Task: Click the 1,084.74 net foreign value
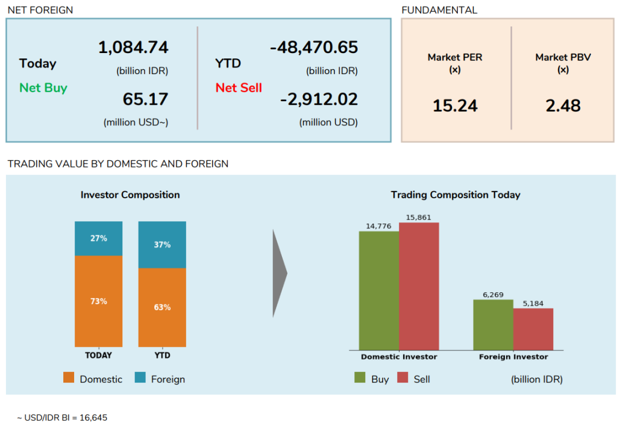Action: (x=133, y=48)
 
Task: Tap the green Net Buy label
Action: (x=43, y=88)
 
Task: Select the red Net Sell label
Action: (x=239, y=88)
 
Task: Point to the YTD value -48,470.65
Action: (x=313, y=48)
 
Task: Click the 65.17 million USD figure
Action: (x=145, y=99)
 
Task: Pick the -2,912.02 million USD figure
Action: (x=319, y=99)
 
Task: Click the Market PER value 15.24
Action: (x=455, y=106)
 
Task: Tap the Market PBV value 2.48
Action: (x=563, y=106)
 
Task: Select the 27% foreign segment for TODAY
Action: (x=98, y=239)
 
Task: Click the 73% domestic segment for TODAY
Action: (x=98, y=301)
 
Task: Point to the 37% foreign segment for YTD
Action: (x=162, y=245)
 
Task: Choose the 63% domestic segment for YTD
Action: (x=162, y=307)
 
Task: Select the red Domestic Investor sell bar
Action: (x=419, y=286)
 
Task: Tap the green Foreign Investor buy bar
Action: (x=493, y=325)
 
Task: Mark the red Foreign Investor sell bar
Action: (x=533, y=329)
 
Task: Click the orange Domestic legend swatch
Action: (x=69, y=378)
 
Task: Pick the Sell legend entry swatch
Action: (x=403, y=378)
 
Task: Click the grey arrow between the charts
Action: (x=280, y=273)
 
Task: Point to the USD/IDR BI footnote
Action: (x=62, y=417)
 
